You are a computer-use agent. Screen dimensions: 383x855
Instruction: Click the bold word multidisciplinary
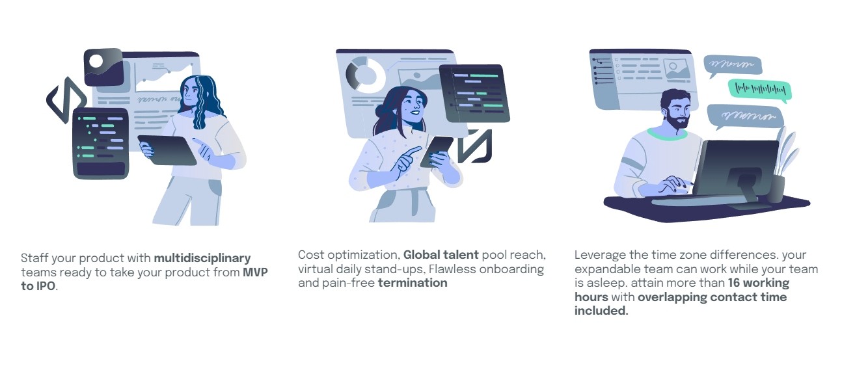(x=202, y=259)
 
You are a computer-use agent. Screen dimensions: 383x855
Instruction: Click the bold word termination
(x=413, y=283)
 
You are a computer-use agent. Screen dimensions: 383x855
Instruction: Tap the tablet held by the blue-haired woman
(x=167, y=150)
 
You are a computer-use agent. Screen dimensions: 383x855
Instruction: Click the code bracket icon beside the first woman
(x=65, y=100)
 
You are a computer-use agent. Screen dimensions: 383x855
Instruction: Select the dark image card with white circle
(x=103, y=67)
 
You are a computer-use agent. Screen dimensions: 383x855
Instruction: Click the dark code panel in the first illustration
(x=100, y=143)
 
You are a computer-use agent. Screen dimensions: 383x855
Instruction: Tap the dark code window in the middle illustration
(x=474, y=94)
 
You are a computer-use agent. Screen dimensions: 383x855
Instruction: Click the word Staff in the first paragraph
(x=34, y=259)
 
